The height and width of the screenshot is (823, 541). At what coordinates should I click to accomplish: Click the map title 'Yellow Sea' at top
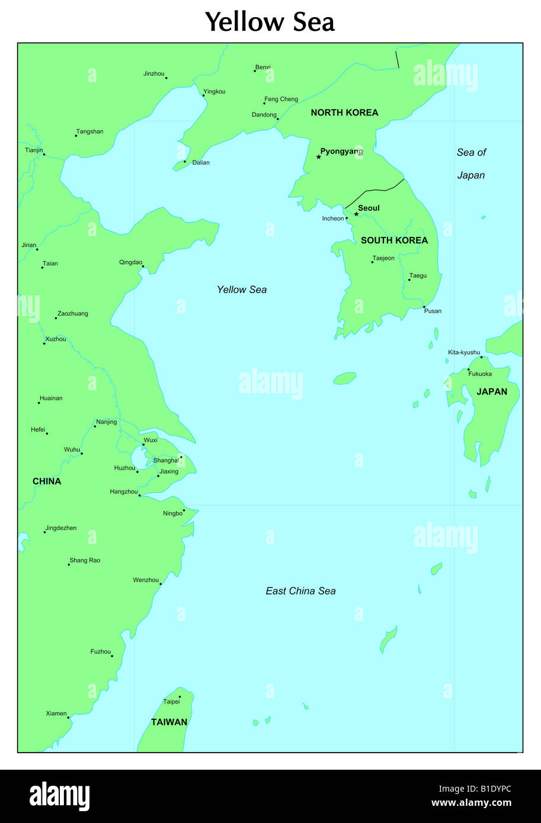point(270,22)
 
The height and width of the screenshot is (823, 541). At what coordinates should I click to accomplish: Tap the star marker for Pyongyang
point(319,157)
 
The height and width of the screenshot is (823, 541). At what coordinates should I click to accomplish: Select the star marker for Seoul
point(356,214)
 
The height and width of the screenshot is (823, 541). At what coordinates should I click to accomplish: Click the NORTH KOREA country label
point(344,112)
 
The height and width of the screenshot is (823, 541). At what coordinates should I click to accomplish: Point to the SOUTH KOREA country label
point(394,240)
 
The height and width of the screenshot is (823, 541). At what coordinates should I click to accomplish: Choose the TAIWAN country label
point(169,722)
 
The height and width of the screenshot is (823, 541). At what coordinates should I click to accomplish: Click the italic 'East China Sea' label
point(300,591)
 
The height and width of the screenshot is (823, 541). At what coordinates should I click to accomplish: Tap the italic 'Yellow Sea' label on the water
point(242,290)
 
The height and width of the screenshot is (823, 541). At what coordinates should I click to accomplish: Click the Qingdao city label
point(130,262)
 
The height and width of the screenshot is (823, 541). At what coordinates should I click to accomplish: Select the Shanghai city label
point(165,461)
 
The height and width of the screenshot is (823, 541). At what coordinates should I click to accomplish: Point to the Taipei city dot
point(180,697)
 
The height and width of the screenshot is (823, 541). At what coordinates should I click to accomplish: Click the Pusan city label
point(433,311)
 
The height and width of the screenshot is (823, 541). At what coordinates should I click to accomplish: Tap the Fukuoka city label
point(480,374)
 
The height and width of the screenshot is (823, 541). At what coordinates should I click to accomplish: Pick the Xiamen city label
point(56,713)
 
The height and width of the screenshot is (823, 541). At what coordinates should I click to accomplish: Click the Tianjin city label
point(33,150)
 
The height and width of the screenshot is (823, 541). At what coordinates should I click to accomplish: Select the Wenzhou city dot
point(161,584)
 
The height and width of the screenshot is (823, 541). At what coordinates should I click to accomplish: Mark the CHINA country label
point(47,481)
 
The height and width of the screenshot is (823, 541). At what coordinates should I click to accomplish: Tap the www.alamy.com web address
point(471,803)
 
